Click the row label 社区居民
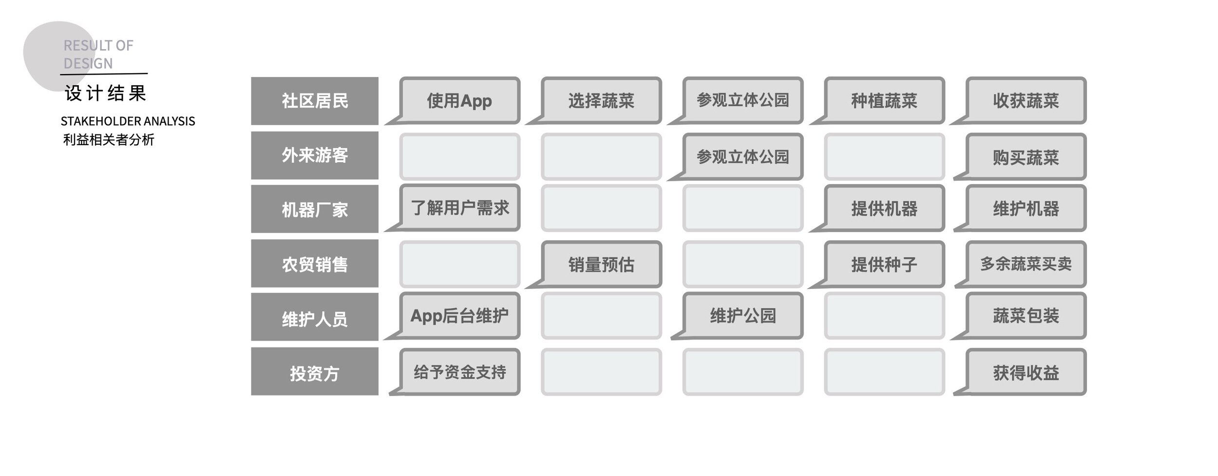(x=315, y=101)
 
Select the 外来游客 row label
(x=315, y=155)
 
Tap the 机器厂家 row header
(x=315, y=209)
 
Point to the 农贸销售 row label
(x=315, y=264)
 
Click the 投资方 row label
(x=315, y=372)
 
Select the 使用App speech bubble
(x=459, y=100)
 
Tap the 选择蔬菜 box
(x=601, y=100)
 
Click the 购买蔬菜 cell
(x=1026, y=157)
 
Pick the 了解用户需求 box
(x=459, y=208)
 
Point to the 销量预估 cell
(x=601, y=264)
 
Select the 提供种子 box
(x=884, y=264)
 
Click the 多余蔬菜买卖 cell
(x=1026, y=264)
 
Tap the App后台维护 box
(x=459, y=316)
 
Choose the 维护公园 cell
(x=742, y=316)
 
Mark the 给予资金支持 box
(x=459, y=372)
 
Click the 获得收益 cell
(x=1026, y=372)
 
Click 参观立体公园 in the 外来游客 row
(x=742, y=157)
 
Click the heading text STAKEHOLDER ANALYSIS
(x=128, y=121)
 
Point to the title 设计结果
(x=105, y=93)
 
